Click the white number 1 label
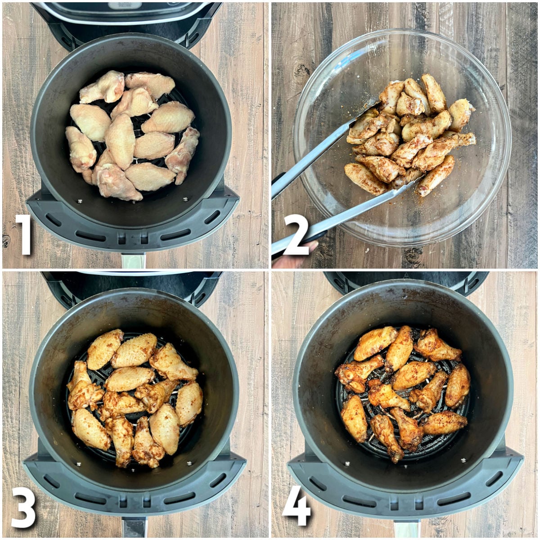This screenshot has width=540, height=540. point(24,234)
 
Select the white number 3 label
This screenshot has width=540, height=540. point(23,506)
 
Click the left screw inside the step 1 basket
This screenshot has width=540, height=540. point(79,201)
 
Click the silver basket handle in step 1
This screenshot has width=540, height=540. point(134,260)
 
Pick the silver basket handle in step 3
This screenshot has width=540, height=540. point(134,526)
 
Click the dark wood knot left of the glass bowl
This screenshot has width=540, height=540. point(301,70)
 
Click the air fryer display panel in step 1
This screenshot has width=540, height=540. point(126,6)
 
